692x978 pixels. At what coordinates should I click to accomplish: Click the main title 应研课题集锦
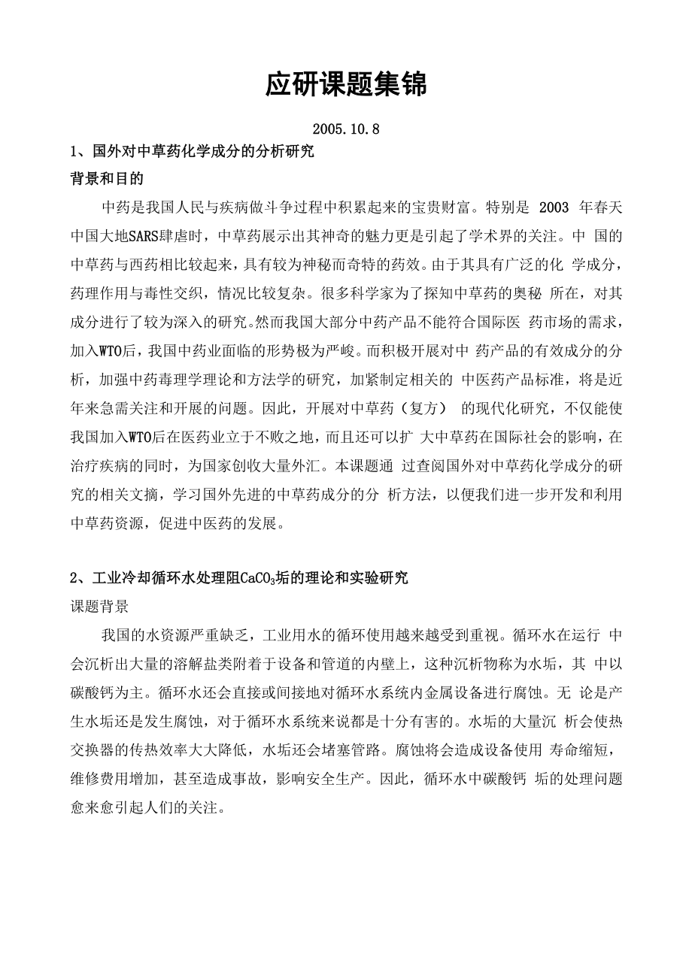[345, 86]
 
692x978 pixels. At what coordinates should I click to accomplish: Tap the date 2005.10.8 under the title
[345, 129]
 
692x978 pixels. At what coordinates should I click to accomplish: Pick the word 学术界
[508, 235]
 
